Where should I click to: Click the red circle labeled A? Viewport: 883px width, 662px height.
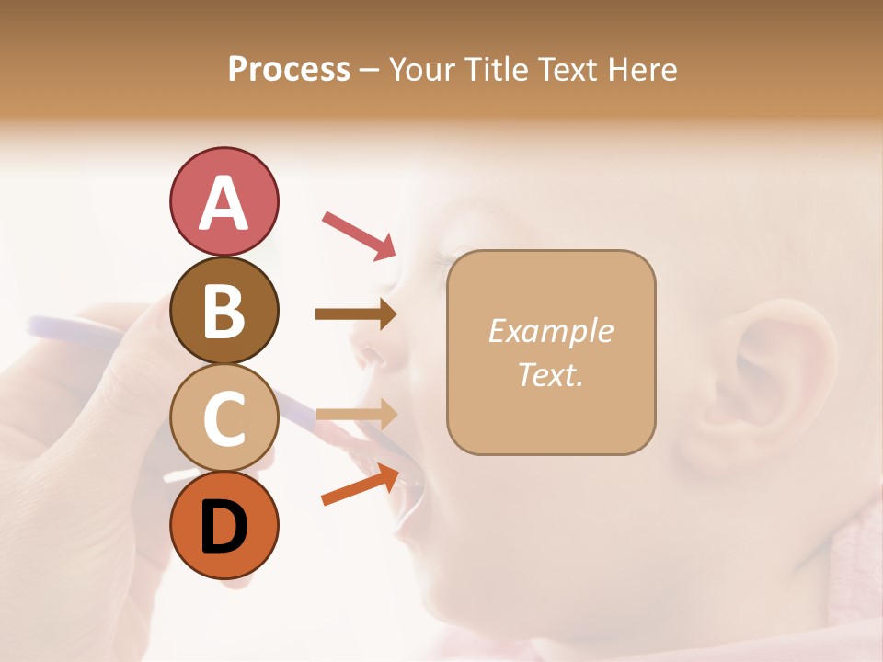point(224,201)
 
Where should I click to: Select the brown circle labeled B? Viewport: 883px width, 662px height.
point(224,310)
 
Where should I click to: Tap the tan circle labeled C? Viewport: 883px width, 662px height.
point(224,417)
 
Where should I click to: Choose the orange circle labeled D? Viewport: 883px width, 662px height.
point(224,525)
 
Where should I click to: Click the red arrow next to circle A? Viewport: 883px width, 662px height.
point(359,234)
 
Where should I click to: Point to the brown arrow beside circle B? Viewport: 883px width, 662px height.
point(356,314)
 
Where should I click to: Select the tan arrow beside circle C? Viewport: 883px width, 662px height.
point(356,414)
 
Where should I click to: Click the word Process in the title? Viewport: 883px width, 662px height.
point(289,69)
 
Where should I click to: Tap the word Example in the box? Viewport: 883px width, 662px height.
point(550,331)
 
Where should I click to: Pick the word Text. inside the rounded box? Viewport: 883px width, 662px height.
point(550,374)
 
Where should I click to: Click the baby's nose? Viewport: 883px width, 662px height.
point(368,354)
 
